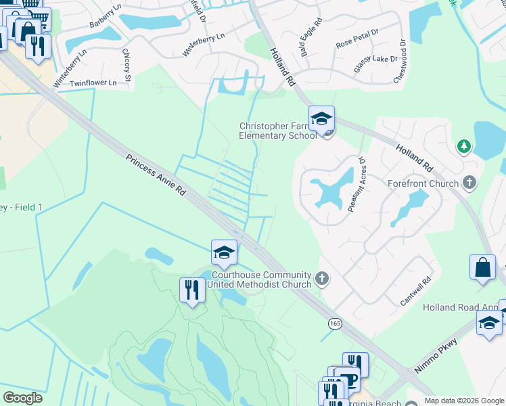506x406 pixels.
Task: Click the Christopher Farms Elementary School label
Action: [x=278, y=130]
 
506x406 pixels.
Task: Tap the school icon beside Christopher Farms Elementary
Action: [x=321, y=119]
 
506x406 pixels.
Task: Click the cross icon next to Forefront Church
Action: [x=471, y=183]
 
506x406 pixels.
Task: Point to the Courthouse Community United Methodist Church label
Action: [x=261, y=279]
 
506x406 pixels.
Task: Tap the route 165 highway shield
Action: [x=335, y=324]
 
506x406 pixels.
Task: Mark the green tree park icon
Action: [x=463, y=145]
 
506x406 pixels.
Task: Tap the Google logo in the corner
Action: [x=22, y=398]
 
